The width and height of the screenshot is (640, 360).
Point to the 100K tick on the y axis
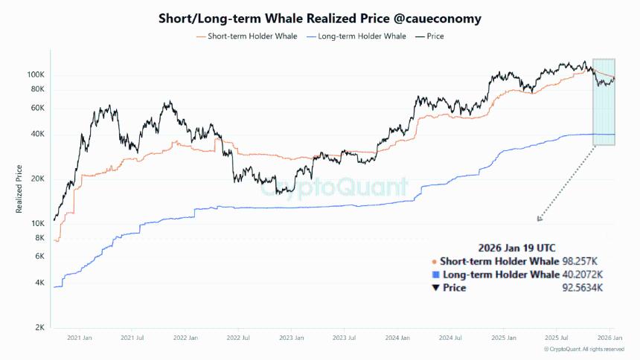(36, 74)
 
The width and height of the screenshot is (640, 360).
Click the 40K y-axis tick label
(38, 134)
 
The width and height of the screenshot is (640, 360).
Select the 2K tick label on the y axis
(40, 327)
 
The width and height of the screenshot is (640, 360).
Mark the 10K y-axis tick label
(38, 223)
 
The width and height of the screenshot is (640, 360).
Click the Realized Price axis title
(20, 189)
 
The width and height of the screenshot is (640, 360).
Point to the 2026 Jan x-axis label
(610, 338)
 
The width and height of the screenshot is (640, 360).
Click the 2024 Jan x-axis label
(397, 338)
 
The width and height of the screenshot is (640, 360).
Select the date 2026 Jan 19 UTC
(516, 247)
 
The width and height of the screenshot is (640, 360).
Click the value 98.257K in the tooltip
(582, 261)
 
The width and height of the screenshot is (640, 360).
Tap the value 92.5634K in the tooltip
(582, 288)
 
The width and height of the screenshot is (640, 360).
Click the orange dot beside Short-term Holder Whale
(434, 261)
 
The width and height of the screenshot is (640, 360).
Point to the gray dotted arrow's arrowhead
(539, 219)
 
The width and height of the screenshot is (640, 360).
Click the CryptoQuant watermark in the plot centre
(334, 186)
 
